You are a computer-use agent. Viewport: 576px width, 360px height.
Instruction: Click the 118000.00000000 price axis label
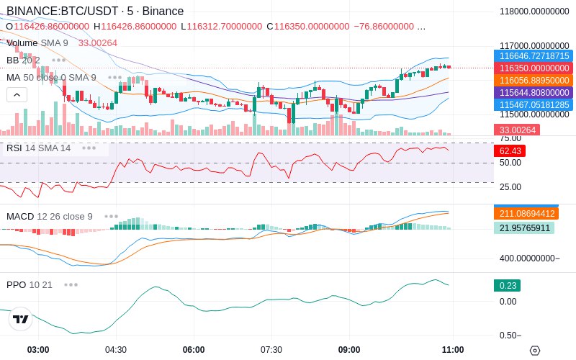(x=534, y=12)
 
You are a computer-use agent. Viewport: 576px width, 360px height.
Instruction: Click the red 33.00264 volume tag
(x=516, y=130)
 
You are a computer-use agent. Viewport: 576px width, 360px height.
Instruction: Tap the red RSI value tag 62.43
(x=510, y=151)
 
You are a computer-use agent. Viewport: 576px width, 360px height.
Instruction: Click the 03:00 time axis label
(x=38, y=350)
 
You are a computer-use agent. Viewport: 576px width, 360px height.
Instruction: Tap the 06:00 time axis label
(x=194, y=350)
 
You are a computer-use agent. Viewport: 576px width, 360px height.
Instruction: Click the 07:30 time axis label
(x=271, y=350)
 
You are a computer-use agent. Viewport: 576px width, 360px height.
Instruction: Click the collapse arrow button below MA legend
(x=17, y=94)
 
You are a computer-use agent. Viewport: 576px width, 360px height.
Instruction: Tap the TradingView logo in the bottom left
(x=20, y=320)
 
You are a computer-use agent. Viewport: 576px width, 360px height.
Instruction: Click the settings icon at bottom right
(x=534, y=351)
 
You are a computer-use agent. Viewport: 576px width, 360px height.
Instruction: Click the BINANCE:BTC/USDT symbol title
(x=62, y=12)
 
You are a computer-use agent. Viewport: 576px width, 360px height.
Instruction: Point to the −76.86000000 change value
(x=384, y=27)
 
